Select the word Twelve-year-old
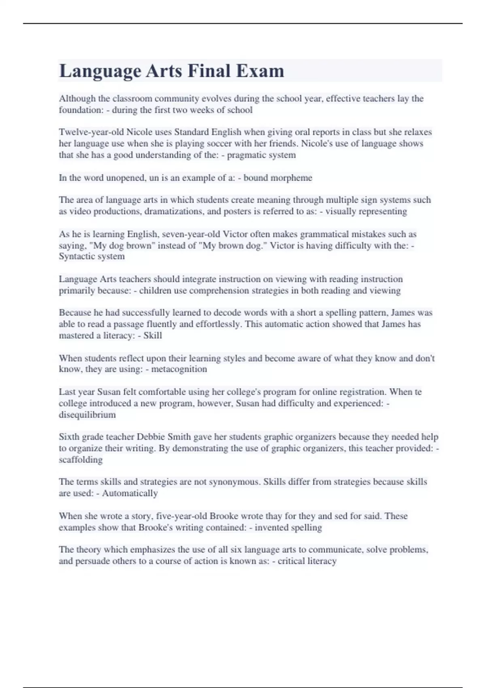pos(91,132)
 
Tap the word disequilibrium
pos(87,415)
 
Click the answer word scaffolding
pos(81,460)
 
